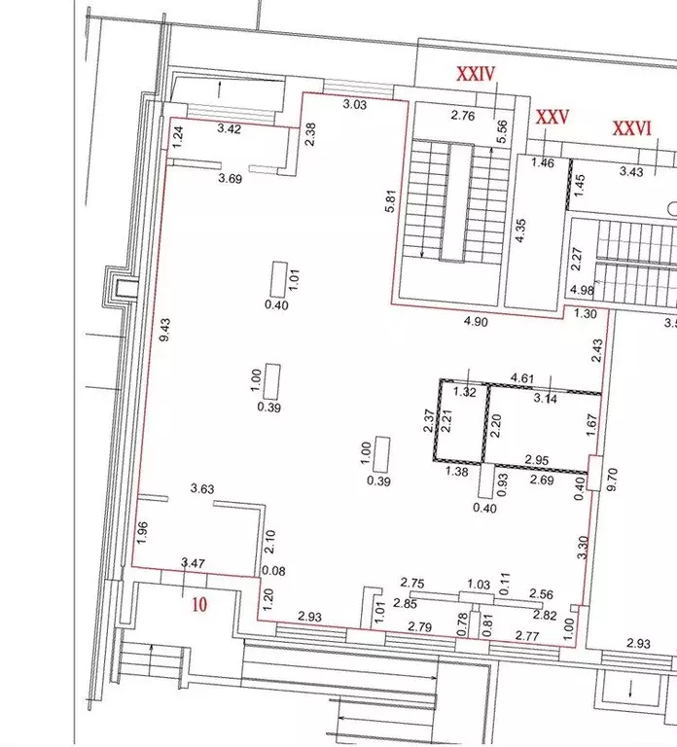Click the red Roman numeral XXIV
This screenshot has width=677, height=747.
476,74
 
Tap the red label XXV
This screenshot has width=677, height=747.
552,117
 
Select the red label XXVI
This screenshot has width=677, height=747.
631,128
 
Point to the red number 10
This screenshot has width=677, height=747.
199,605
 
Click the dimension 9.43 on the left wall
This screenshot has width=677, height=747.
165,330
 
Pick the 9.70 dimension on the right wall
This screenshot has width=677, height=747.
612,480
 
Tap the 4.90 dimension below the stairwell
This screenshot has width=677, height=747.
476,322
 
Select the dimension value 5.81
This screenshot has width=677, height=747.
391,201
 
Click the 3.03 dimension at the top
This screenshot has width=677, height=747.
354,104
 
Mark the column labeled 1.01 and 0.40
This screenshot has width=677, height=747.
279,279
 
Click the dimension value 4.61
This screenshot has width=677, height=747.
521,378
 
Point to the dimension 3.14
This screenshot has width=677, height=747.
546,398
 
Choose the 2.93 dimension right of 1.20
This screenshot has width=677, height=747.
309,617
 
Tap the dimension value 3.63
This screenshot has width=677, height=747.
202,488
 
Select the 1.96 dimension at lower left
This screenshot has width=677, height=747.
142,533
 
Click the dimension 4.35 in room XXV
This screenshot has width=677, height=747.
520,231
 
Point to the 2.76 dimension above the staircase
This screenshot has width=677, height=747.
463,116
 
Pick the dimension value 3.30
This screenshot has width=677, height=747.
584,548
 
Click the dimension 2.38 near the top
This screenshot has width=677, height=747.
310,134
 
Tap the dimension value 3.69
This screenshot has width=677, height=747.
231,179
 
